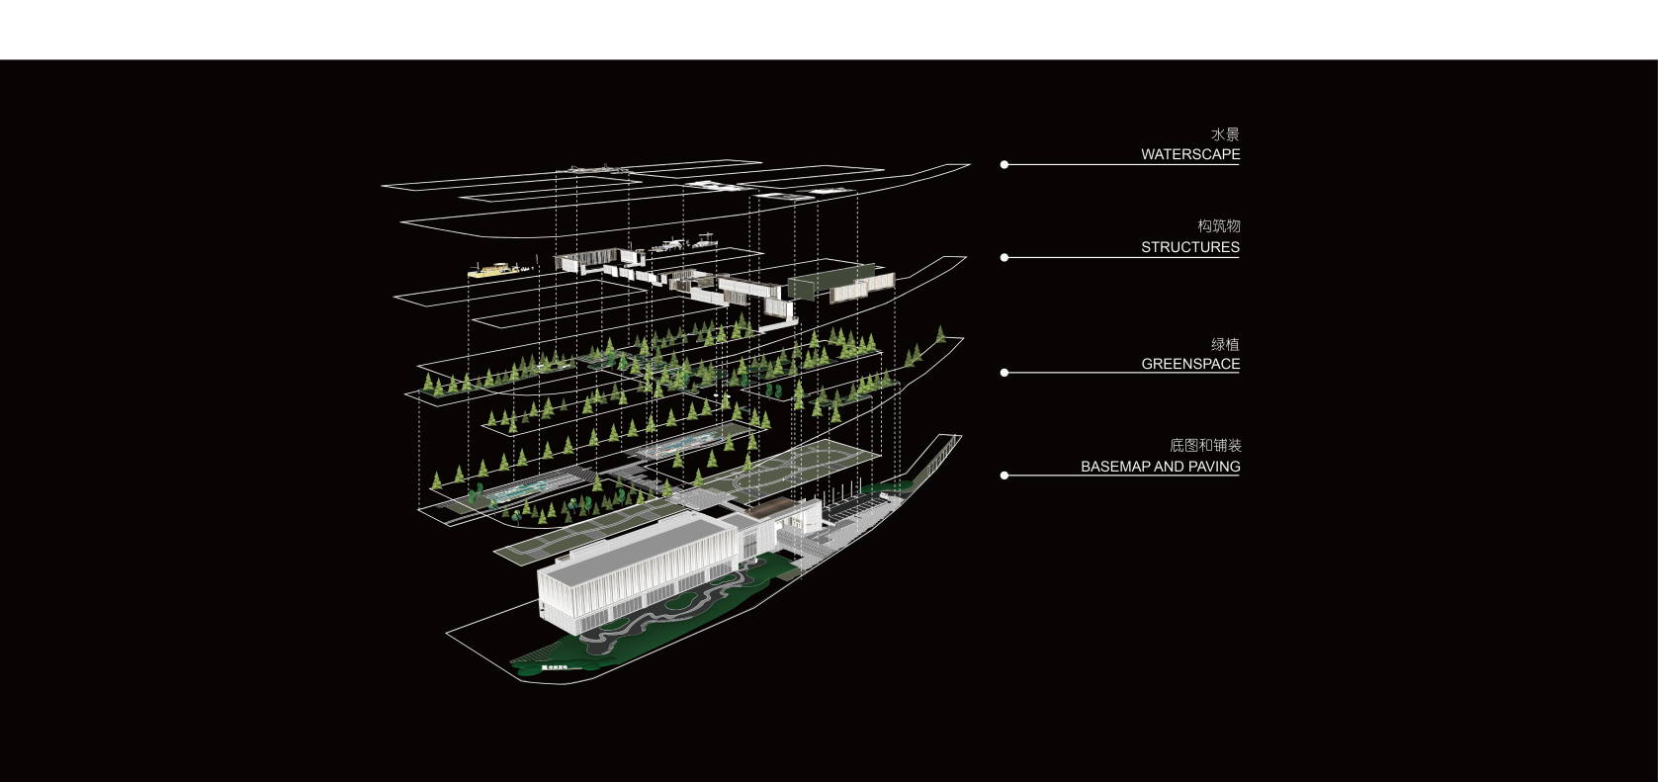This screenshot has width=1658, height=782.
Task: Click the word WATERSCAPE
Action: [x=1190, y=154]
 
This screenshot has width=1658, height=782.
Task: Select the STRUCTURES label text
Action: [x=1190, y=247]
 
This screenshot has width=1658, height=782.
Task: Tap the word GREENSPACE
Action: [x=1190, y=364]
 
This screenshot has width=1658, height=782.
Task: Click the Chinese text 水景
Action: [x=1225, y=134]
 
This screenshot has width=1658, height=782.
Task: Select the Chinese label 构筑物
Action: [x=1219, y=226]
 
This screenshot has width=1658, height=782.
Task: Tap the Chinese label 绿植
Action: [x=1225, y=344]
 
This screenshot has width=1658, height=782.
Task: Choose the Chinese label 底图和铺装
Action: [x=1205, y=446]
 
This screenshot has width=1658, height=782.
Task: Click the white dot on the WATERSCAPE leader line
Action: [x=1004, y=165]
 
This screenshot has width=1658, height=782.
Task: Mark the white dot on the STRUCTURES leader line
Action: [x=1004, y=258]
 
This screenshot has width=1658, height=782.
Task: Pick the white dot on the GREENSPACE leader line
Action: [x=1004, y=373]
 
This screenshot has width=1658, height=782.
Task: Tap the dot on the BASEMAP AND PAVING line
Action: [x=1004, y=476]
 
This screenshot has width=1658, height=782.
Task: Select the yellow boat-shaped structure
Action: [x=493, y=269]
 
